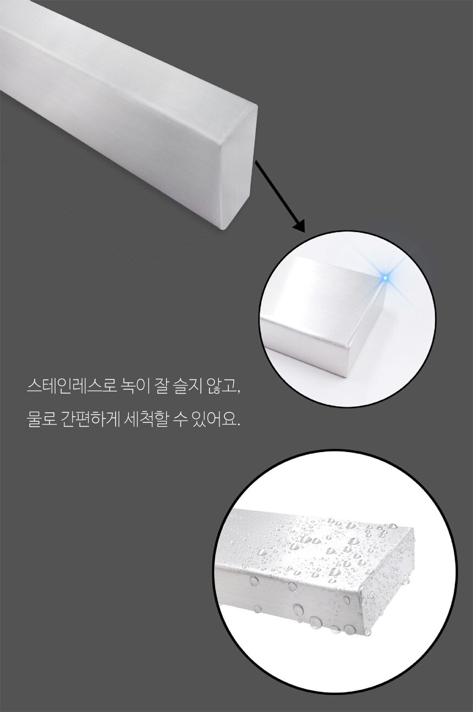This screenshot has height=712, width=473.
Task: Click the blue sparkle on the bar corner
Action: click(x=386, y=278)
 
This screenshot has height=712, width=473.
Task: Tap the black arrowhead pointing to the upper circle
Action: click(x=299, y=225)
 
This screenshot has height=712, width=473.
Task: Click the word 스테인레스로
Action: click(x=70, y=387)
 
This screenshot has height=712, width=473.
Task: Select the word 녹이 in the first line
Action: click(x=134, y=387)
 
